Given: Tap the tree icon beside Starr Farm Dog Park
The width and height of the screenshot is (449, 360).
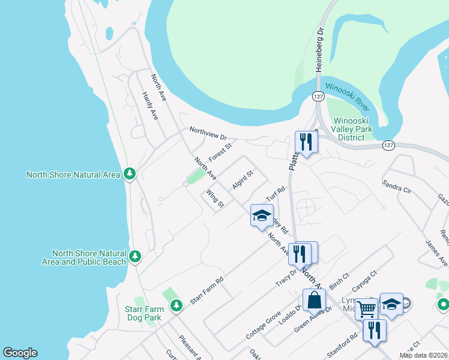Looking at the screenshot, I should coord(176,307).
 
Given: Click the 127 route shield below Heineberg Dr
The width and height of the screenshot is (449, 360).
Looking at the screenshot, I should coord(318,96).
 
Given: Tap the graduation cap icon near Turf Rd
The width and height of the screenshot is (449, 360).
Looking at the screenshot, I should coord(262,216).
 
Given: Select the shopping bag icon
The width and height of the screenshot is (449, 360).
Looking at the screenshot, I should coord(314,299).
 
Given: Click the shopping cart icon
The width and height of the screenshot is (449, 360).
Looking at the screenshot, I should coord(366,310).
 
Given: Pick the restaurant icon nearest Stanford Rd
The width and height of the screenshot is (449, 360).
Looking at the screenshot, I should coord(374,331).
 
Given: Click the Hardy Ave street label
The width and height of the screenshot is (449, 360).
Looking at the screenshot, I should coord(150,106).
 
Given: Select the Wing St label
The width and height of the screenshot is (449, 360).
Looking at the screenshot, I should coord(215,199).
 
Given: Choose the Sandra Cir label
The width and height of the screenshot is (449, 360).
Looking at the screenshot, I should coord(397,185).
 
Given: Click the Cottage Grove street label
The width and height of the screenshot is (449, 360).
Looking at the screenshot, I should coord(264,326).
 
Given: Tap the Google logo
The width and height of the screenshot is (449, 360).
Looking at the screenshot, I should coord(20,353).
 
